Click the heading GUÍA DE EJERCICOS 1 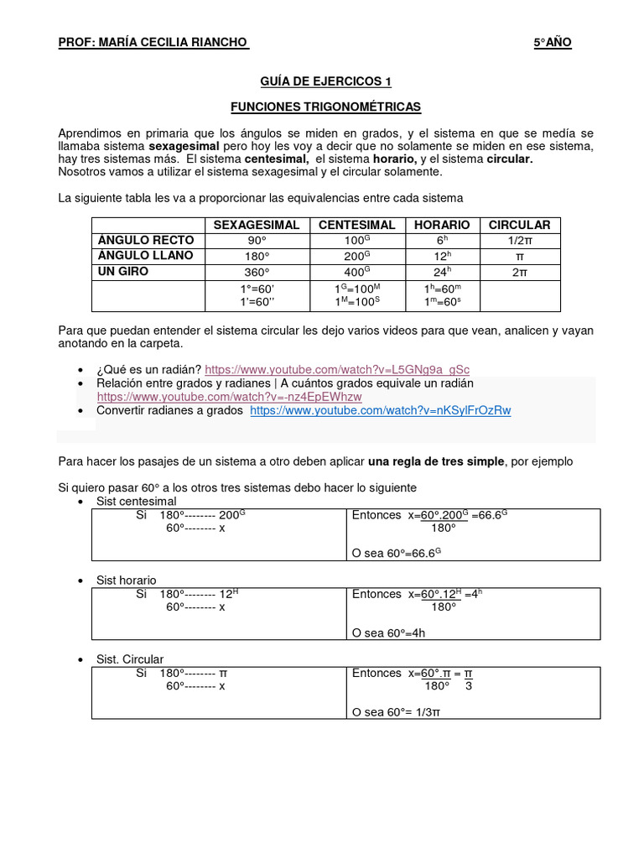(325, 81)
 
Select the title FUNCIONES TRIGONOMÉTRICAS (325, 107)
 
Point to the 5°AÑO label (553, 43)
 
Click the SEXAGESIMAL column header (257, 225)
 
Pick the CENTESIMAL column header (356, 225)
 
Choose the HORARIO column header (442, 225)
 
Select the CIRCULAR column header (519, 225)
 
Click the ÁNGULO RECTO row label (146, 241)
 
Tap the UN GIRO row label (123, 272)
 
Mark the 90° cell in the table (257, 241)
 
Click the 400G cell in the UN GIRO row (356, 272)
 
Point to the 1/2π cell (519, 241)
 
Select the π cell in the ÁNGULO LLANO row (519, 256)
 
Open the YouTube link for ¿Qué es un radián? (337, 369)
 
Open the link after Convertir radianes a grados (380, 410)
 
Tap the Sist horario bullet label (126, 580)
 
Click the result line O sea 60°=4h (389, 633)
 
